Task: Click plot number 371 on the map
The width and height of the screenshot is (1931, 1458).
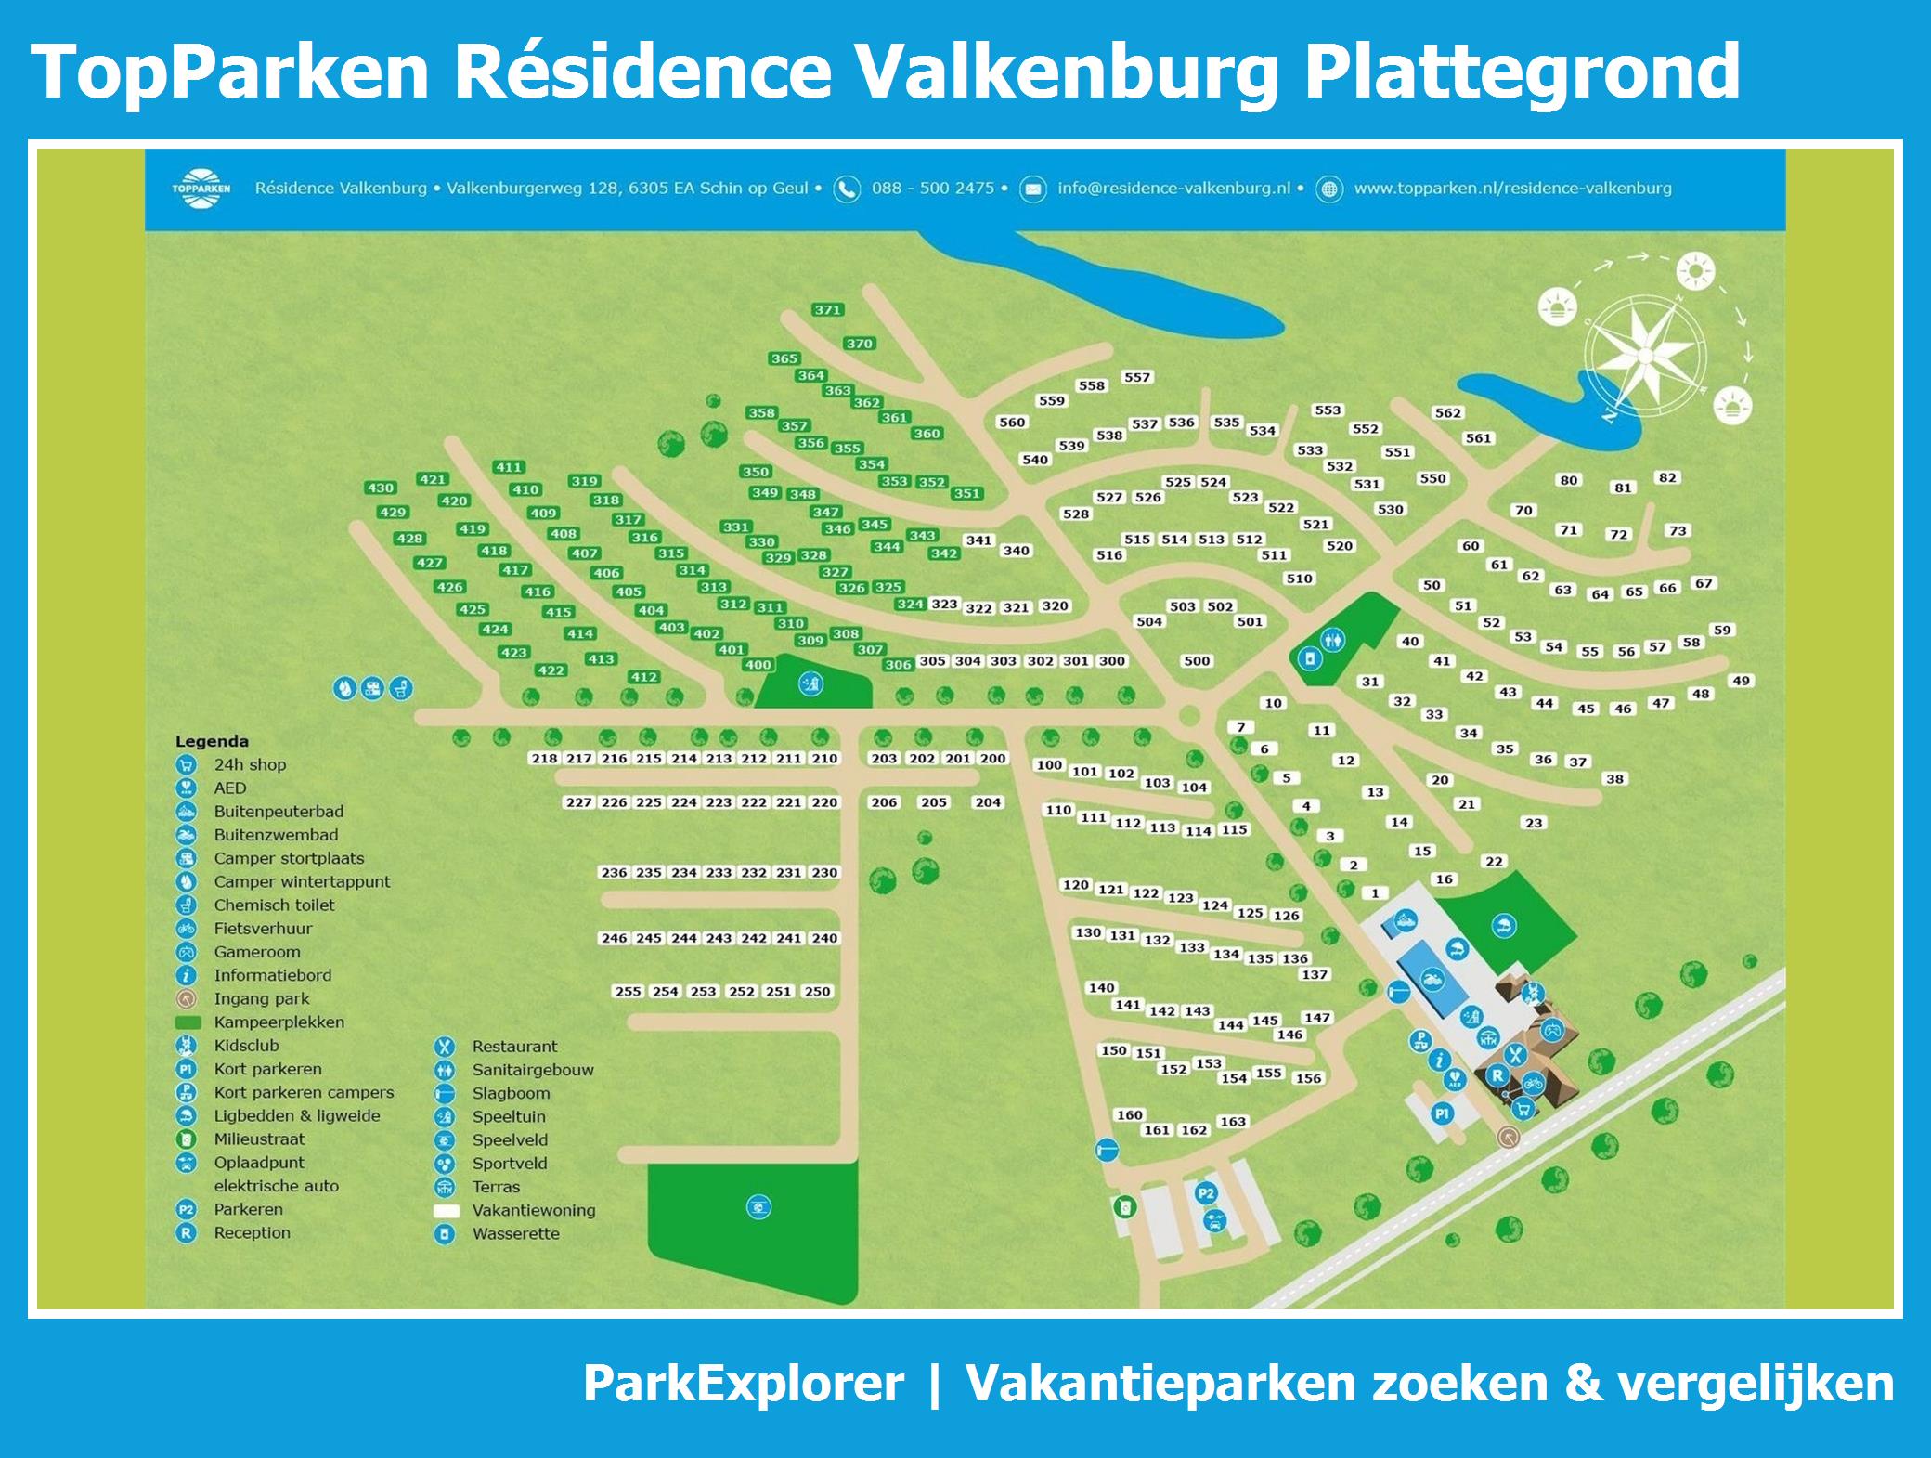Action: tap(827, 310)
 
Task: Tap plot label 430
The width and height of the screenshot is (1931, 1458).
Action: tap(381, 488)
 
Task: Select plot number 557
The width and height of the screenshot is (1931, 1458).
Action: tap(1137, 377)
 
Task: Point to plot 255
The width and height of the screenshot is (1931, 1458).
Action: tap(629, 991)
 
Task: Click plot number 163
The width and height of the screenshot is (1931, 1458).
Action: tap(1233, 1121)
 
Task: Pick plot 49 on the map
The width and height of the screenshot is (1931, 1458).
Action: tap(1741, 681)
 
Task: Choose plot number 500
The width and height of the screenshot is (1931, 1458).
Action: tap(1197, 661)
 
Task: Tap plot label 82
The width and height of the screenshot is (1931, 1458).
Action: tap(1667, 477)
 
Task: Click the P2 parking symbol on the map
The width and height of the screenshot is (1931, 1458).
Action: tap(1206, 1193)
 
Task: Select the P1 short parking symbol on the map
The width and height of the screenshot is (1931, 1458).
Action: tap(1442, 1113)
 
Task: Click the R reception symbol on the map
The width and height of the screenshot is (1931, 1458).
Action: tap(1497, 1075)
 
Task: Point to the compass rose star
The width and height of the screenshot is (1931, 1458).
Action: tap(1645, 356)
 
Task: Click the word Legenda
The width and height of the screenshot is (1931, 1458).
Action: tap(212, 741)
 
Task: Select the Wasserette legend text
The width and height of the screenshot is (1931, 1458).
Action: tap(515, 1234)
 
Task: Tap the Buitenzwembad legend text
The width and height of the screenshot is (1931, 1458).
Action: tap(276, 835)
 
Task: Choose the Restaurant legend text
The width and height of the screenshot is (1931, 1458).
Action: tap(514, 1047)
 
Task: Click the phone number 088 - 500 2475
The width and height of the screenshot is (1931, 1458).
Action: tap(932, 189)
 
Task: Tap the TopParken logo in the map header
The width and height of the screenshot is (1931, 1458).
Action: tap(201, 189)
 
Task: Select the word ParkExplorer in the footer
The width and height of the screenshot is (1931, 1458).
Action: tap(743, 1384)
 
